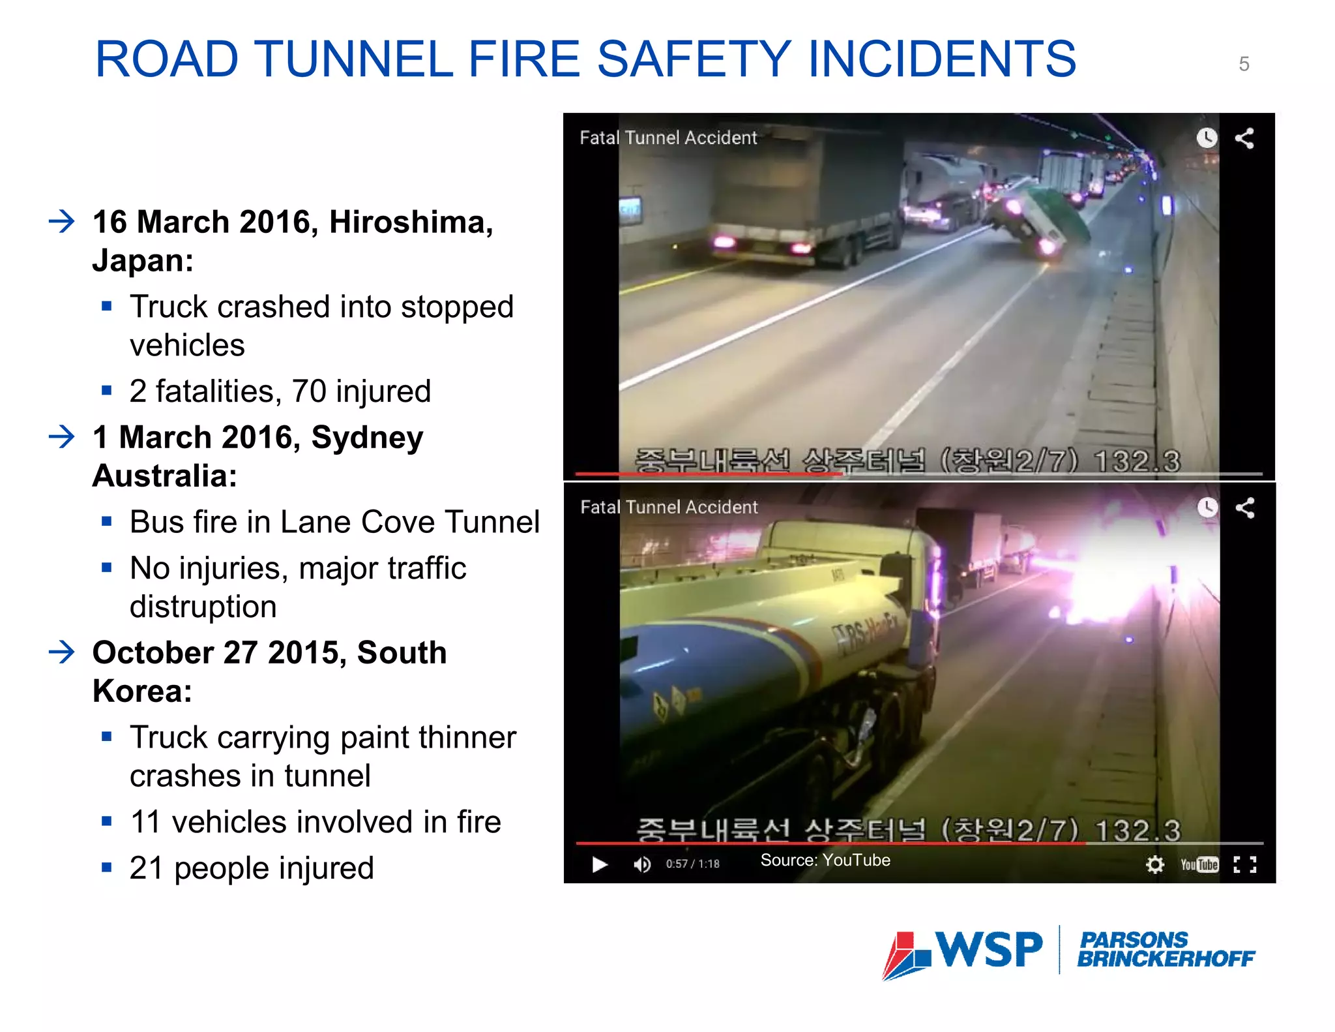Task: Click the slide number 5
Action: [x=1244, y=64]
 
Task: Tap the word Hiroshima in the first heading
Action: [x=411, y=222]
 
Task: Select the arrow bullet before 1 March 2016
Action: [x=62, y=436]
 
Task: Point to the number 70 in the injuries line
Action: [x=309, y=391]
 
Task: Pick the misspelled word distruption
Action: [x=203, y=607]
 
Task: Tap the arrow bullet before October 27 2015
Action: [x=62, y=652]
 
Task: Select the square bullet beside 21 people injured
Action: [x=107, y=868]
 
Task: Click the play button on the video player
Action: [x=599, y=864]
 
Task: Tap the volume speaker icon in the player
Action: [x=641, y=864]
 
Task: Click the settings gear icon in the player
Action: [x=1154, y=864]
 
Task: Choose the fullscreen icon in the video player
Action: [x=1244, y=864]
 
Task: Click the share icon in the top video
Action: [x=1244, y=138]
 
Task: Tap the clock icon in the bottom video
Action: [x=1207, y=508]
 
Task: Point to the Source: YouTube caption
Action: [x=825, y=860]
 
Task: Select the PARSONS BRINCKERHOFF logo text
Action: [x=1165, y=950]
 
